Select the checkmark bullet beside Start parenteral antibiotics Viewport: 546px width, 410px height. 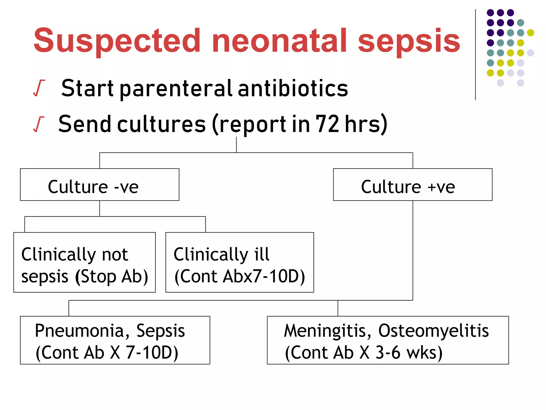pos(38,88)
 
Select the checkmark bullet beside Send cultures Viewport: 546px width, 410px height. pos(38,124)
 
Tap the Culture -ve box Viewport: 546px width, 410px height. pos(99,184)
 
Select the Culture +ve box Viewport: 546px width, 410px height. pos(412,184)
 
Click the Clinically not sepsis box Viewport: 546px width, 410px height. pos(84,262)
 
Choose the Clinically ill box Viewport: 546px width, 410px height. pos(239,262)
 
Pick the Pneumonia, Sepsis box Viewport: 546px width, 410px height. pos(115,340)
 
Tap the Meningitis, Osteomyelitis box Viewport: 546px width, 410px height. pos(388,340)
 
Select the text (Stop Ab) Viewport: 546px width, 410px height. pos(111,277)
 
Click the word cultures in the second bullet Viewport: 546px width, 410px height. pos(161,124)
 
